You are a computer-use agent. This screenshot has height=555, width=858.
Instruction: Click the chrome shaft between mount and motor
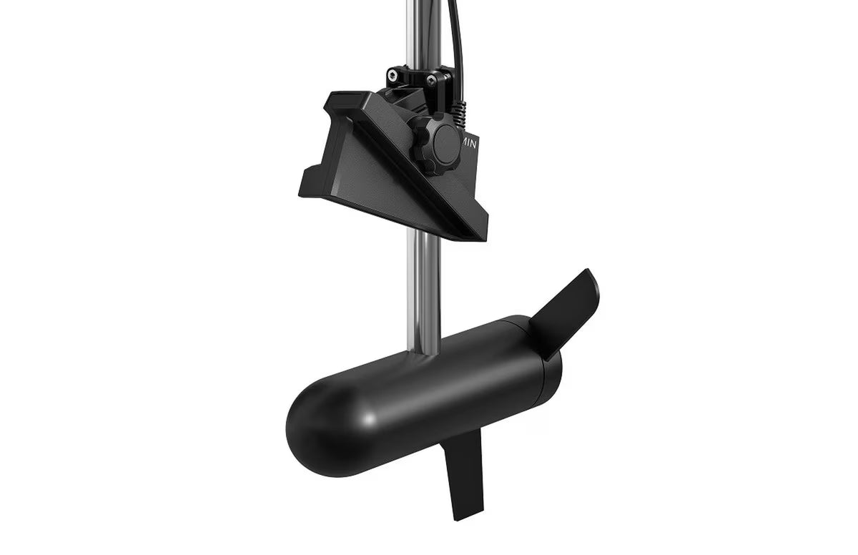420,286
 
